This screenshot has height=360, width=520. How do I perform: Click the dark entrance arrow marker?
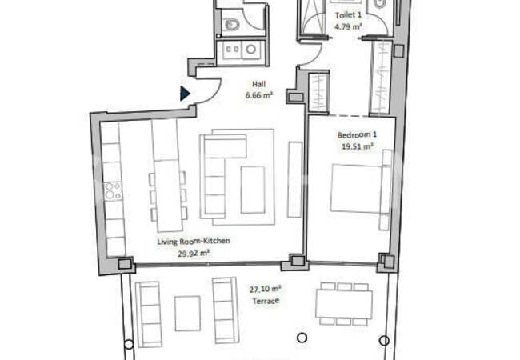pos(185,94)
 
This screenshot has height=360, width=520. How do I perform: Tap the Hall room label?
pos(258,84)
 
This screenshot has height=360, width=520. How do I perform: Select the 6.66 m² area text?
pos(258,95)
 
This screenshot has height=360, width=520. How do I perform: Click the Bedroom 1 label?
pos(357,135)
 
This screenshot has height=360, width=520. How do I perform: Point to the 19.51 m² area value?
pos(357,146)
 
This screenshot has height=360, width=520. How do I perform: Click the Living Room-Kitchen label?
pos(194,241)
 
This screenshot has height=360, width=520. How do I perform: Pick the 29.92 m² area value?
pos(194,254)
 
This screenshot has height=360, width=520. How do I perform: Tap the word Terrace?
pos(266,301)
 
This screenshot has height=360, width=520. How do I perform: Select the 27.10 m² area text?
pos(265,289)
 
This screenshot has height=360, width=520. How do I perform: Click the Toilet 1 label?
pos(348,15)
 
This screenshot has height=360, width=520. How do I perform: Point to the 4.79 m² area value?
pos(348,26)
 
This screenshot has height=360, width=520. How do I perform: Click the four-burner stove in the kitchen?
pos(113,191)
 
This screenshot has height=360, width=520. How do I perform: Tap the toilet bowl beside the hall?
pos(231,25)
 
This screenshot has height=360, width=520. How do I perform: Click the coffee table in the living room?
pos(253,190)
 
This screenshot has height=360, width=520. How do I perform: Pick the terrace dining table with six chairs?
pos(344,304)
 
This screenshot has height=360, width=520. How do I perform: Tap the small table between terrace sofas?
pos(187,314)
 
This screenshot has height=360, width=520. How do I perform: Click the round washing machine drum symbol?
pos(250,50)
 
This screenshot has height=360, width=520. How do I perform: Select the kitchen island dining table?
pos(169,195)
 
